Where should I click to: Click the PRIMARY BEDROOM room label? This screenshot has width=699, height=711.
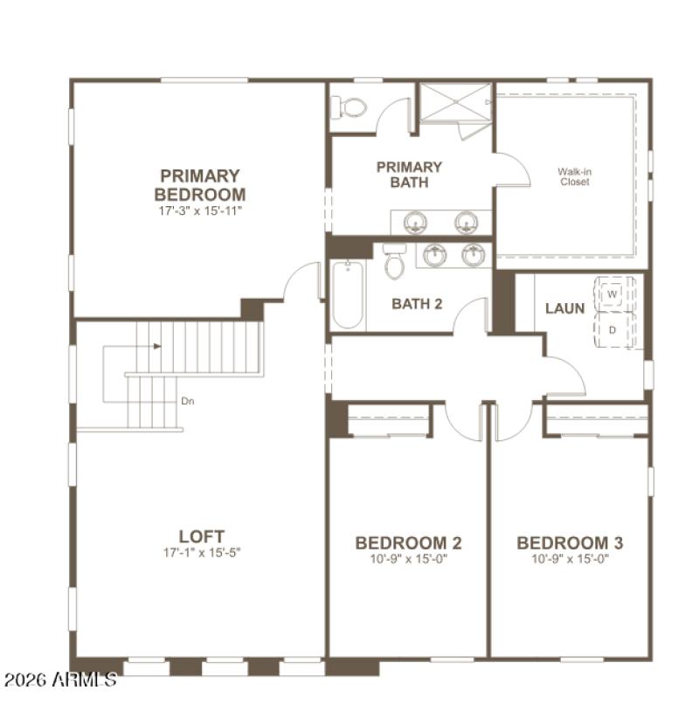199,185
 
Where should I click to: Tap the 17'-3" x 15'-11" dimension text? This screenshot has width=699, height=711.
199,211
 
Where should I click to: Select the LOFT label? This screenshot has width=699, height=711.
201,535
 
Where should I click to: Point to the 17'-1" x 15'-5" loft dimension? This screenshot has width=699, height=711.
201,553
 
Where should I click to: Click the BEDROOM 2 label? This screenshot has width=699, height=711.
408,543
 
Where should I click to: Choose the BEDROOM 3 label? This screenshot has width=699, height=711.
570,543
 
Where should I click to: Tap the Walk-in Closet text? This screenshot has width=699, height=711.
574,176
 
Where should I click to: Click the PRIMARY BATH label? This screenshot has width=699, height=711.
409,175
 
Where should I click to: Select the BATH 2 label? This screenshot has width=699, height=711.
416,304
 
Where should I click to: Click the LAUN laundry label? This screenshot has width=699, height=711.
564,308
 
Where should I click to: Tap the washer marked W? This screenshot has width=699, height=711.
612,295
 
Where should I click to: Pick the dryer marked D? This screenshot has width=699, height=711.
612,330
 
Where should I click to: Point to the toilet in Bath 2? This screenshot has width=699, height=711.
395,261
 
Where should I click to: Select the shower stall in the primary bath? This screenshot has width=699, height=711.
455,105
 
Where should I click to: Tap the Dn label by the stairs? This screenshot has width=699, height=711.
187,402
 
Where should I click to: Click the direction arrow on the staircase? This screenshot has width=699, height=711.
156,346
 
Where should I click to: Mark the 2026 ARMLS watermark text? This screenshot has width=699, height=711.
59,680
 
